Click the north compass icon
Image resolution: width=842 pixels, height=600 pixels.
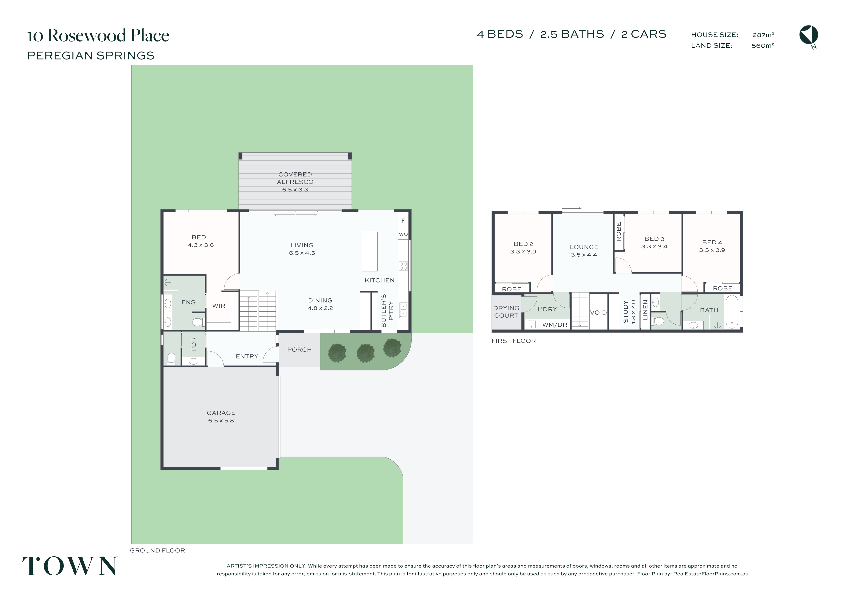[809, 36]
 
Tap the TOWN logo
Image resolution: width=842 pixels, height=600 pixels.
[70, 566]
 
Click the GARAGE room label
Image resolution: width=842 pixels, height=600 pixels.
[221, 413]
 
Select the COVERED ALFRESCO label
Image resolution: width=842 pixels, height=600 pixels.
[295, 178]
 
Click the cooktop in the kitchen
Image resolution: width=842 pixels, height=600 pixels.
[403, 266]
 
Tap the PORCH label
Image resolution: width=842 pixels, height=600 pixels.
[300, 350]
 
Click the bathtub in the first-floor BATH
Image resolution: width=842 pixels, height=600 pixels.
[732, 311]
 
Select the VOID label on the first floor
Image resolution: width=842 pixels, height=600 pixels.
[599, 313]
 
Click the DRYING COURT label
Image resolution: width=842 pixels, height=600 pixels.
[506, 312]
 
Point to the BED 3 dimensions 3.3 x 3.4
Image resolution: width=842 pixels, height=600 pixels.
[654, 247]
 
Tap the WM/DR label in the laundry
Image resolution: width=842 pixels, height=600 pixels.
[555, 325]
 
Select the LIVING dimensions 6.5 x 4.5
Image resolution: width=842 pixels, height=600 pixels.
[302, 253]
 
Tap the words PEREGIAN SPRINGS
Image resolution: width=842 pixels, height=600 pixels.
[91, 56]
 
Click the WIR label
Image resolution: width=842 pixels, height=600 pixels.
[219, 306]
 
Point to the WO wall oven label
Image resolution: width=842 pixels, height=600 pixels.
[403, 234]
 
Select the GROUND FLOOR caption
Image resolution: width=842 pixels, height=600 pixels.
[157, 551]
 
